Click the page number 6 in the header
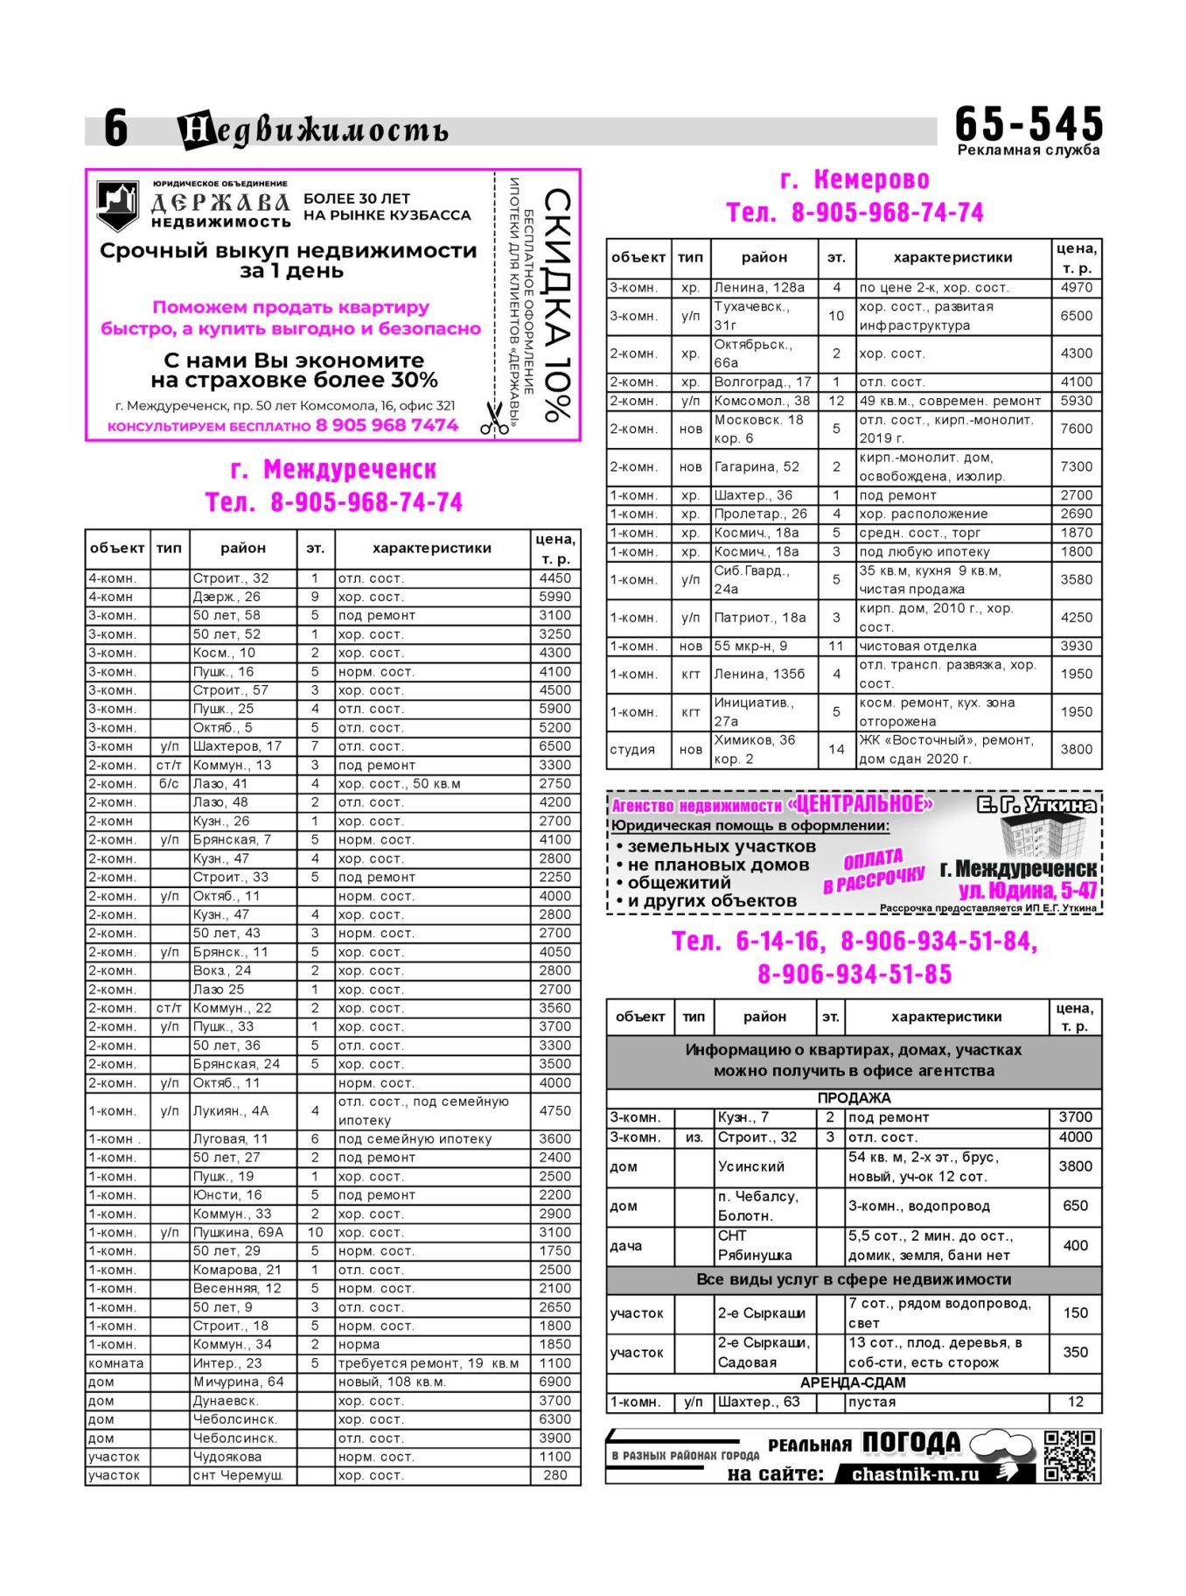click(x=115, y=129)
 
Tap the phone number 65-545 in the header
click(x=1029, y=123)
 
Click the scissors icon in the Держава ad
click(x=494, y=417)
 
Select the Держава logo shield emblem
click(x=117, y=206)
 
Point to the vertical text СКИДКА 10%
click(x=557, y=305)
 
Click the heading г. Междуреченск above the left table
click(x=333, y=470)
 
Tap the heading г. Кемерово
click(x=855, y=180)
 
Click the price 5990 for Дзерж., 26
click(x=555, y=597)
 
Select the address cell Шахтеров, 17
click(x=237, y=746)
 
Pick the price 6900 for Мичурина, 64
click(x=555, y=1382)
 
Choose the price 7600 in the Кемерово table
click(x=1077, y=429)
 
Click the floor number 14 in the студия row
click(x=836, y=749)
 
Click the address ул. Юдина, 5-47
click(x=1027, y=891)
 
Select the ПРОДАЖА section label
click(x=854, y=1098)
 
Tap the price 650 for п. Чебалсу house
click(x=1075, y=1206)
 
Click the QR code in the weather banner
click(x=1070, y=1455)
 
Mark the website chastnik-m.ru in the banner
click(x=915, y=1474)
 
